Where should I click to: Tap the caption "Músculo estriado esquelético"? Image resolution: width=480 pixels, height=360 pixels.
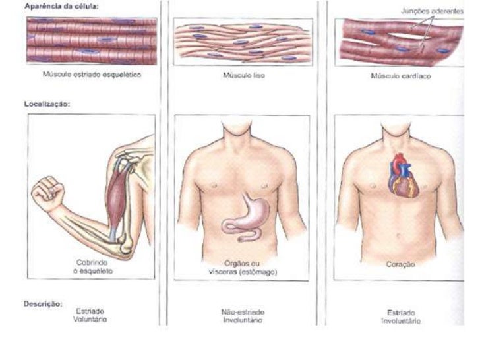[x=92, y=75]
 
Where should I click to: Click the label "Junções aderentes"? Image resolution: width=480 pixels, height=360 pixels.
[x=431, y=11]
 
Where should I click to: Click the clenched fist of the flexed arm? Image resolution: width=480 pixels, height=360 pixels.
[x=48, y=192]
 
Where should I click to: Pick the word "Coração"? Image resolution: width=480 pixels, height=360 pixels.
[x=400, y=264]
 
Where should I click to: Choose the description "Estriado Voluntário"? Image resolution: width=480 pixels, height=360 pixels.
[x=90, y=314]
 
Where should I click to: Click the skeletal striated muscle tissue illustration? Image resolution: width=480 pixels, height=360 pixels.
[x=92, y=41]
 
